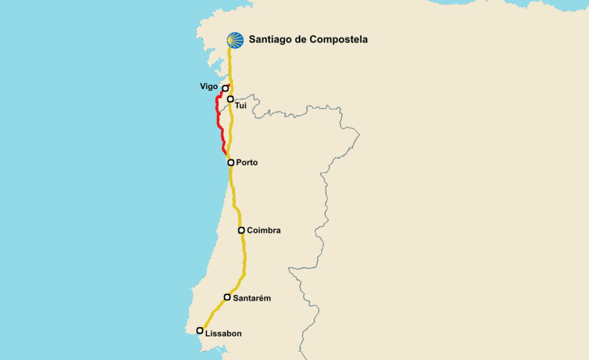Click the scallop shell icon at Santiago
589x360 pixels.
[235, 40]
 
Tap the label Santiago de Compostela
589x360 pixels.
[308, 40]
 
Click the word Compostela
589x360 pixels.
[338, 40]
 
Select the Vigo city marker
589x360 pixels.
[225, 89]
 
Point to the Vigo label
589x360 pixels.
[209, 86]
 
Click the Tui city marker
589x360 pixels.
[230, 99]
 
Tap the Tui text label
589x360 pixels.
[240, 106]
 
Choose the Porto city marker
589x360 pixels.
[231, 163]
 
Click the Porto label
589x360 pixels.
[247, 163]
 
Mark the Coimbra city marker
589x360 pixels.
[242, 230]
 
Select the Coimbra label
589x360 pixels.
[263, 231]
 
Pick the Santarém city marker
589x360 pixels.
[227, 297]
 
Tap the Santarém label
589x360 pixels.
[251, 298]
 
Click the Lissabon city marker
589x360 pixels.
[200, 330]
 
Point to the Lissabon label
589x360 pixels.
[223, 334]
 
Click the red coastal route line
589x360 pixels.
[218, 118]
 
